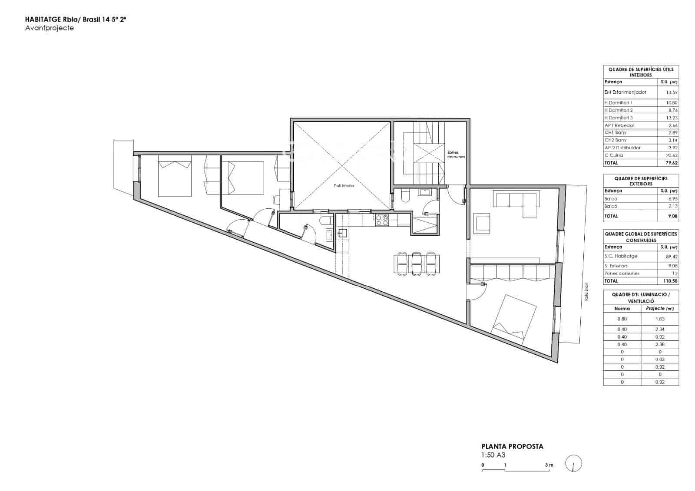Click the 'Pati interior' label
(344, 185)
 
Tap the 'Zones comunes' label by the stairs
(456, 155)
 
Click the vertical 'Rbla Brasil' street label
(586, 292)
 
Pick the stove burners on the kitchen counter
(382, 220)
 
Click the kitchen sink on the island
(342, 234)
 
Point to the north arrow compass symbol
(574, 464)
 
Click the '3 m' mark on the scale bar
(549, 465)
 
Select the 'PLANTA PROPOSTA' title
(512, 446)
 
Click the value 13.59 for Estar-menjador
(672, 92)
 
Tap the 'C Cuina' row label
(613, 155)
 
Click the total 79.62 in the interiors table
(671, 163)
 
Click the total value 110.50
(670, 281)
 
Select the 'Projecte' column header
(659, 309)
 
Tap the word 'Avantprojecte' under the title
(50, 28)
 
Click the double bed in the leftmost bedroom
(175, 178)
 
